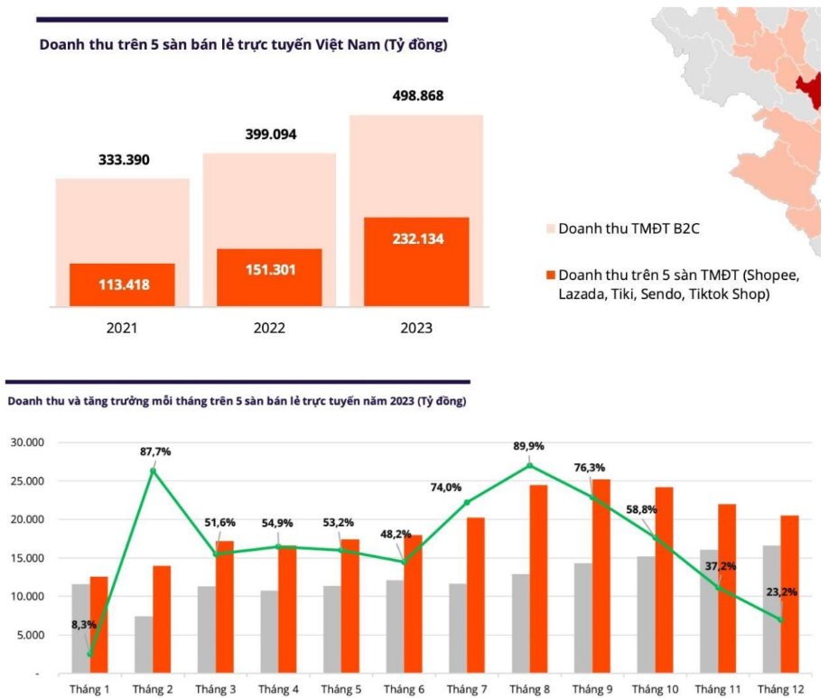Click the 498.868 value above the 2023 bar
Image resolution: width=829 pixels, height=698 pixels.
pos(417,96)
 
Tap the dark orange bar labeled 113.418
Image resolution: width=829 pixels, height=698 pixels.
pos(122,284)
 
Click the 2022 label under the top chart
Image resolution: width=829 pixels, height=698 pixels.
pos(269,328)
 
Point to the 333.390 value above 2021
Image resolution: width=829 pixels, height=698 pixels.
pos(124,160)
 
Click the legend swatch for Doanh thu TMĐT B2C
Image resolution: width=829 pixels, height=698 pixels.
pos(547,228)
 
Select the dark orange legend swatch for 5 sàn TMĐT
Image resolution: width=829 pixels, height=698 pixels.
pos(547,275)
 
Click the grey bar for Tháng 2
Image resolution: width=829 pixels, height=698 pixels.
pos(144,645)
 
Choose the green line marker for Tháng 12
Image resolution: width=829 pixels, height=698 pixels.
pos(781,619)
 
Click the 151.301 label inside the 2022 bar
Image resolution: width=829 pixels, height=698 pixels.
pos(269,270)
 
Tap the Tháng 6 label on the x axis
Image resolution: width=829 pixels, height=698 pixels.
pos(404,689)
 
